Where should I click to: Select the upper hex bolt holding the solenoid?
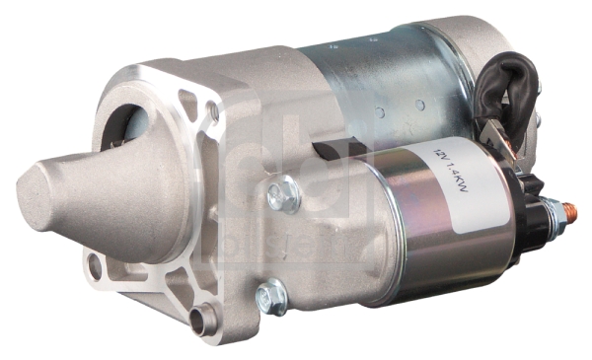click(x=283, y=192)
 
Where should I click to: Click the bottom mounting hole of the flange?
click(x=204, y=318)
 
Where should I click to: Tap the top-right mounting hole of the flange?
click(x=212, y=111)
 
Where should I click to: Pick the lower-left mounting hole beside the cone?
click(x=95, y=265)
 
